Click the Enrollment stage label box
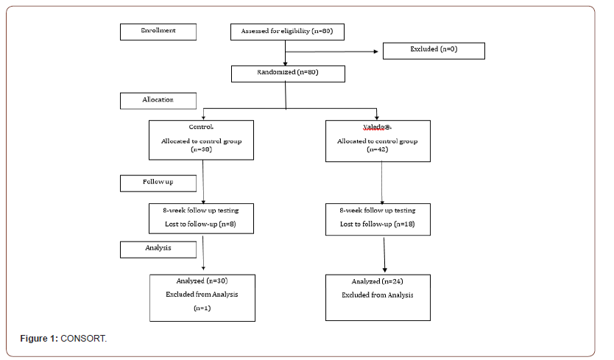pyautogui.click(x=158, y=32)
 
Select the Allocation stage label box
pyautogui.click(x=158, y=100)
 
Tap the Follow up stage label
pyautogui.click(x=158, y=182)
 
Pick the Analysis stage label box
pyautogui.click(x=158, y=250)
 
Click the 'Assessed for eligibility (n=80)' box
pyautogui.click(x=287, y=32)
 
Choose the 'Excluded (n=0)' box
pyautogui.click(x=434, y=50)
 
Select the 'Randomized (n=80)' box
pyautogui.click(x=287, y=73)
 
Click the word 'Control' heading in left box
pyautogui.click(x=202, y=127)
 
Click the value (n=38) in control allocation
pyautogui.click(x=202, y=149)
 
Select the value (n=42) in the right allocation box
pyautogui.click(x=378, y=149)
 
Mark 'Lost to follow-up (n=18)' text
pyautogui.click(x=377, y=224)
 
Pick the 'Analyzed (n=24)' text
pyautogui.click(x=378, y=281)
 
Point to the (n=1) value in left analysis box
pyautogui.click(x=202, y=309)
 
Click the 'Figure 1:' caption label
pyautogui.click(x=38, y=339)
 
